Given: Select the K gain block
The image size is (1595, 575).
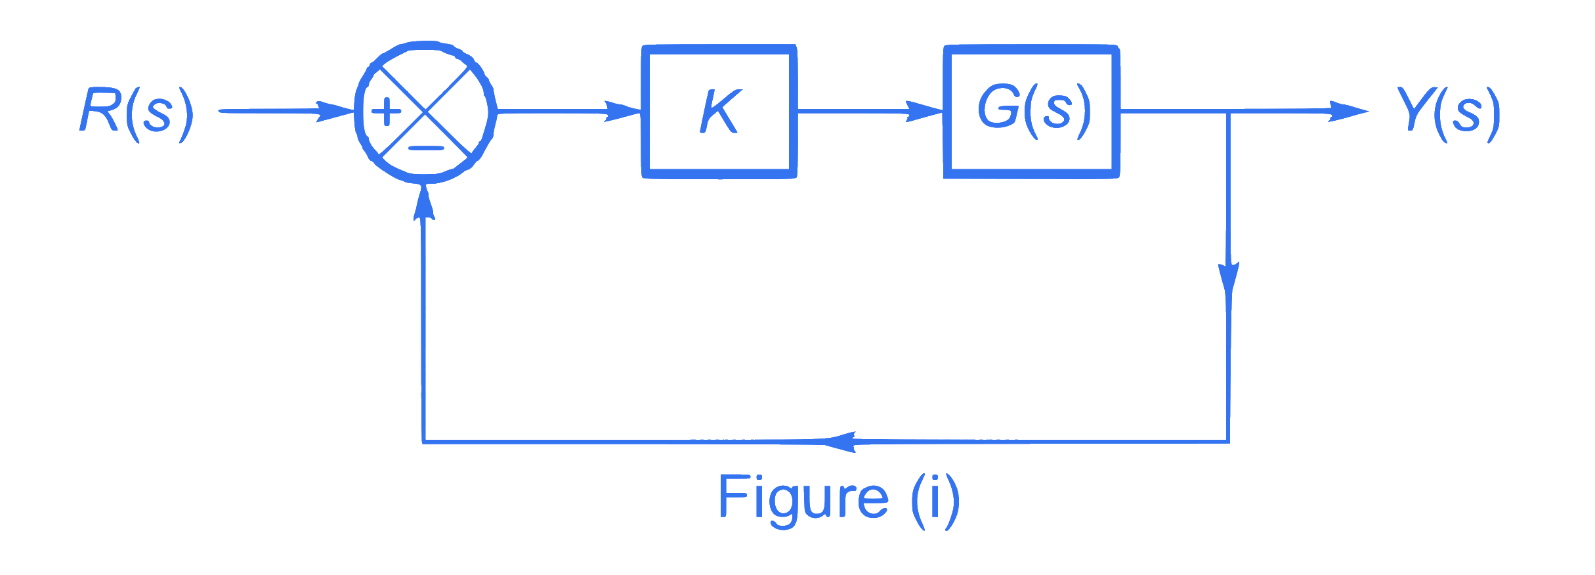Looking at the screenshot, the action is pos(719,112).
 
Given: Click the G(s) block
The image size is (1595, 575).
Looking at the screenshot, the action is pos(1032,112).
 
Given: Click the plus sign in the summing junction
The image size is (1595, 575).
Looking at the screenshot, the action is pos(387,112).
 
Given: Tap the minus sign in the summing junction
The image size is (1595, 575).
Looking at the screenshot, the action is pos(426,148).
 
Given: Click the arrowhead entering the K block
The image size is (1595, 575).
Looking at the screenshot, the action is pos(622,112).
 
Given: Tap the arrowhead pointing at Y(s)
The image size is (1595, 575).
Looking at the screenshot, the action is pos(1348,112).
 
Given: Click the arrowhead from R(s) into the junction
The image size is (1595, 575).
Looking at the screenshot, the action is pos(335,112).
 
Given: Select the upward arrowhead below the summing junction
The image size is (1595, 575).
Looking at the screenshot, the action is pos(425,202).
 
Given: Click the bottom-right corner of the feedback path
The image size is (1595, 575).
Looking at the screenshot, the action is pos(1228,442).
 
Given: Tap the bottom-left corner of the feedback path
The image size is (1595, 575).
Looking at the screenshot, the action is pos(424,442).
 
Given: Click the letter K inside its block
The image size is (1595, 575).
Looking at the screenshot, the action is pos(720,112).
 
